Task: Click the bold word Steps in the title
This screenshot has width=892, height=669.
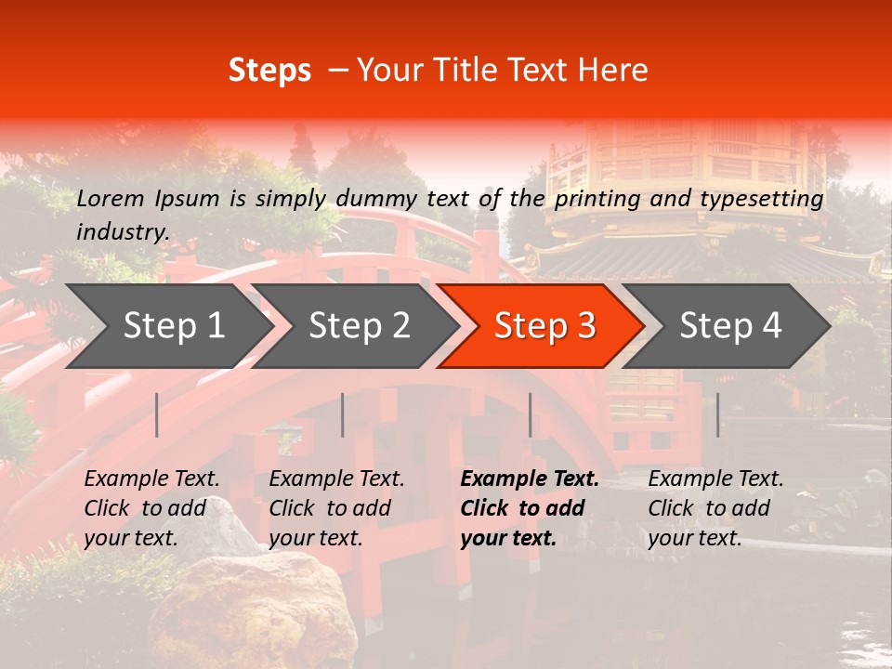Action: (x=269, y=71)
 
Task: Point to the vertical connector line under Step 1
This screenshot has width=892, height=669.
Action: (x=157, y=414)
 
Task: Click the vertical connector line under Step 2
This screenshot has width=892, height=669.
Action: (x=343, y=414)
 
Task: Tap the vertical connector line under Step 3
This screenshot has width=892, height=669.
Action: (x=530, y=414)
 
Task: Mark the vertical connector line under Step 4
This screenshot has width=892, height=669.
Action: (x=717, y=414)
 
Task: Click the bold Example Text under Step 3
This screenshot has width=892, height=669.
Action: (x=530, y=479)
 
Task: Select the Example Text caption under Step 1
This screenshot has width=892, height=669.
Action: (x=151, y=479)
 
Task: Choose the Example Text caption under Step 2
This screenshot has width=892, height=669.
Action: (x=336, y=479)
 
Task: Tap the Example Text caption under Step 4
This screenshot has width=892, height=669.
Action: (x=715, y=479)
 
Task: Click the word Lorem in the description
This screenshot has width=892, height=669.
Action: (x=111, y=198)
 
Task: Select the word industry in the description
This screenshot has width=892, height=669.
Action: (x=122, y=231)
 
